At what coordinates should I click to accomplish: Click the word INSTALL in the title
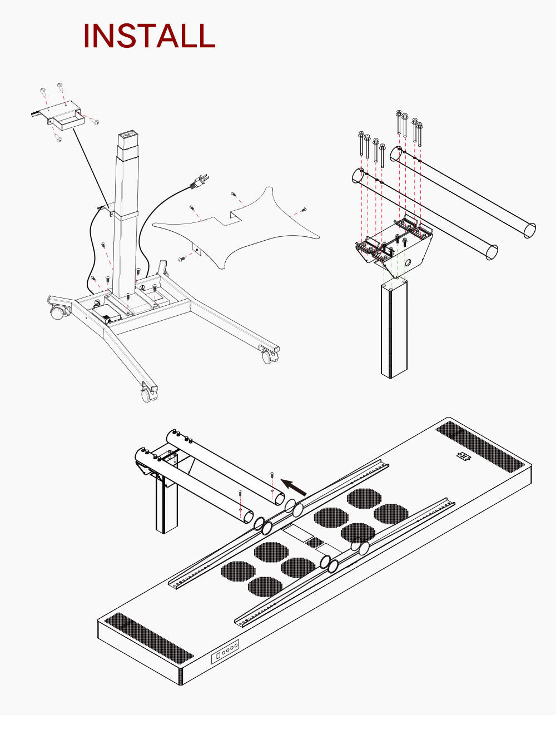pyautogui.click(x=149, y=36)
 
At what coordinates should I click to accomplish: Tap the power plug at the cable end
pyautogui.click(x=200, y=181)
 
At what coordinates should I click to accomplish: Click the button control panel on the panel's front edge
pyautogui.click(x=225, y=650)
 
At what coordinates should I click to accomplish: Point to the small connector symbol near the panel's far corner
pyautogui.click(x=463, y=456)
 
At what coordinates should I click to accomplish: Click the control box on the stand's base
pyautogui.click(x=106, y=314)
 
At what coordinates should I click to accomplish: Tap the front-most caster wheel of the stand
pyautogui.click(x=148, y=395)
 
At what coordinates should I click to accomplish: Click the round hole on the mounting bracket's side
pyautogui.click(x=409, y=261)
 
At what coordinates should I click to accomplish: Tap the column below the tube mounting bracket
pyautogui.click(x=394, y=331)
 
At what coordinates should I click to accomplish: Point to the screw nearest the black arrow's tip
pyautogui.click(x=272, y=476)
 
